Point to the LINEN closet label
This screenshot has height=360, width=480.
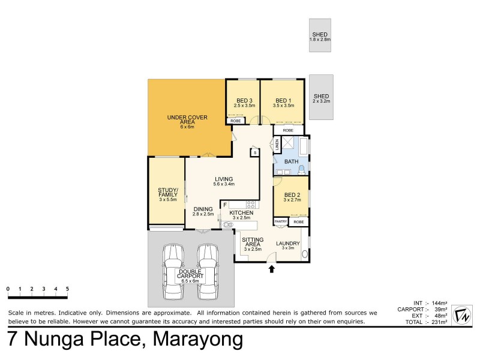coord(277,145)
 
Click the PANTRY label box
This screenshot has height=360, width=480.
coord(281,221)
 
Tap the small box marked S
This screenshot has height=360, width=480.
coord(255,153)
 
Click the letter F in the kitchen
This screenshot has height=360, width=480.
coord(224,205)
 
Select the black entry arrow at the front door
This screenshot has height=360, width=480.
coord(272,269)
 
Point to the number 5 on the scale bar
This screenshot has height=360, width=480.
coord(67,289)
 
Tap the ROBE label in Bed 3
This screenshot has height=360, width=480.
coord(236,121)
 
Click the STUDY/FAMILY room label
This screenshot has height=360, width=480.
coord(166,195)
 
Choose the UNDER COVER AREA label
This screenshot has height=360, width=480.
coord(187,120)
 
